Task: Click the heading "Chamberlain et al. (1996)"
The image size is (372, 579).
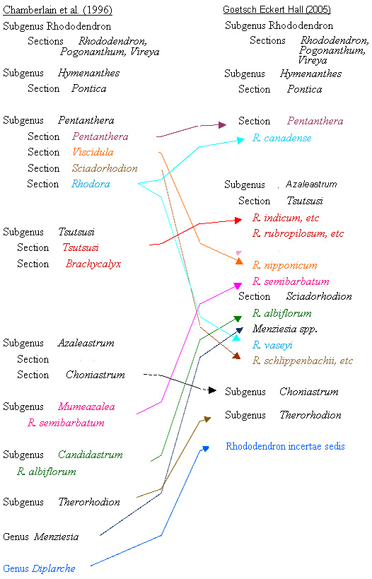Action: [57, 10]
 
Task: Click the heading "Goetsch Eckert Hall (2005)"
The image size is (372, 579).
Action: [277, 9]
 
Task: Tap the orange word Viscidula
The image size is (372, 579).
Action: [93, 152]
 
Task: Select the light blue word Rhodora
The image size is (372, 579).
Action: [91, 184]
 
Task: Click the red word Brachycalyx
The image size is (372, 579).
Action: [93, 264]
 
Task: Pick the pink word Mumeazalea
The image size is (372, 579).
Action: [86, 407]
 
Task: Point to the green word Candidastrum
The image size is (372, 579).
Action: [91, 455]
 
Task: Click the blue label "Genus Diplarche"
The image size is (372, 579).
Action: [39, 568]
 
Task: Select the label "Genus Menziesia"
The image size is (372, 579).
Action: [40, 537]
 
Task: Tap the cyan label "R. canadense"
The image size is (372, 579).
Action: [282, 138]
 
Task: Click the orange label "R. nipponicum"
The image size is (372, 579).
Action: [285, 265]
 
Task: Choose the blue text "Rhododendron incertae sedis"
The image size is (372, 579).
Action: [285, 446]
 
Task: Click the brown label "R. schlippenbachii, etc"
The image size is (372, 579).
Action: [303, 361]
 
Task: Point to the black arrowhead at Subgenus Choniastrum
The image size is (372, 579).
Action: [212, 390]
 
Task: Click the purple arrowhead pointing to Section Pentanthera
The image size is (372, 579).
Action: [222, 125]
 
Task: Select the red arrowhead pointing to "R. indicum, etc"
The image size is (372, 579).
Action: [238, 220]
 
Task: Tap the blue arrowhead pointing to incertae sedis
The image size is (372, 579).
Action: [205, 448]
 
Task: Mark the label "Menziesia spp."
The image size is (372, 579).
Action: [285, 329]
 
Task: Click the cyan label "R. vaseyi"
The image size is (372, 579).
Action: [272, 345]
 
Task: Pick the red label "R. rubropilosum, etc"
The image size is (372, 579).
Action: [298, 233]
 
